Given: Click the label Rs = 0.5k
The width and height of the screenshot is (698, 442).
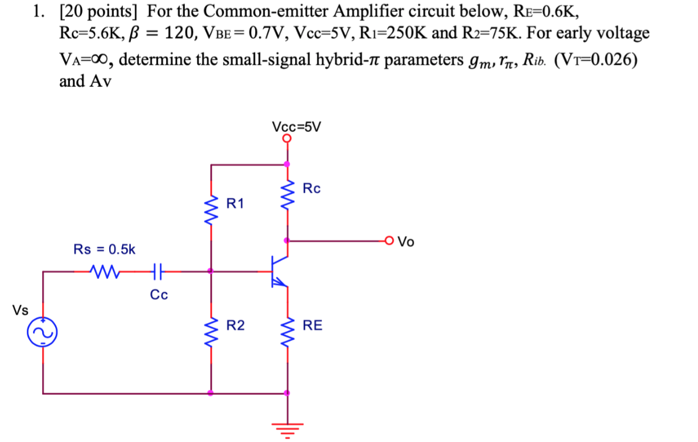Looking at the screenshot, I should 105,249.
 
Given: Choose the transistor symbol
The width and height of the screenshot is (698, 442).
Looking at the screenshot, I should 278,272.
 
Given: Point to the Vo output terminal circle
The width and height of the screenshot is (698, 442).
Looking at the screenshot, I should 389,241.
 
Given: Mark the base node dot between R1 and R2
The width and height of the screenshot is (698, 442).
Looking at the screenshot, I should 211,272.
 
